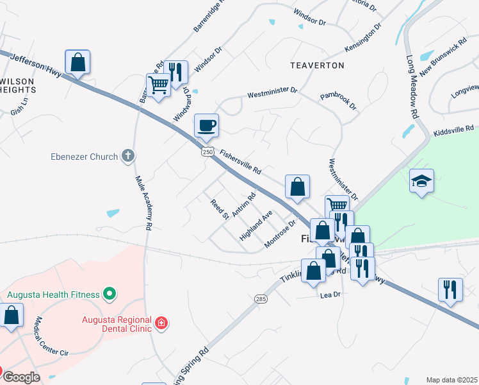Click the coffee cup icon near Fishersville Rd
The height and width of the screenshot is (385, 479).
point(206,126)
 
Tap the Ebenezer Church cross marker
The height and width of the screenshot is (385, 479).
point(128,156)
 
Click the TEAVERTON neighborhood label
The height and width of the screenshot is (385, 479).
point(317,65)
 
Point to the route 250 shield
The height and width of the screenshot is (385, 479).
point(206,151)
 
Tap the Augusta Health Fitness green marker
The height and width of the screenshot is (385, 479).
point(110,295)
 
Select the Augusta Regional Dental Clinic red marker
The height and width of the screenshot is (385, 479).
point(161,322)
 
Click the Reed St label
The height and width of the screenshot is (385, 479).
point(220,209)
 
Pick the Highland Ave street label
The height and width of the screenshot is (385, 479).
point(256,225)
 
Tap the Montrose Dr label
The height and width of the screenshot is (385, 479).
point(280,234)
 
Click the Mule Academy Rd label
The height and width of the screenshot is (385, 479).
point(143,203)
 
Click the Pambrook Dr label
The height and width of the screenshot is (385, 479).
point(339,100)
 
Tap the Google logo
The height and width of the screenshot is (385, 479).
point(22,377)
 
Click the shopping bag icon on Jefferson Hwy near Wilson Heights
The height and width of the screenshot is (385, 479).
point(77,62)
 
